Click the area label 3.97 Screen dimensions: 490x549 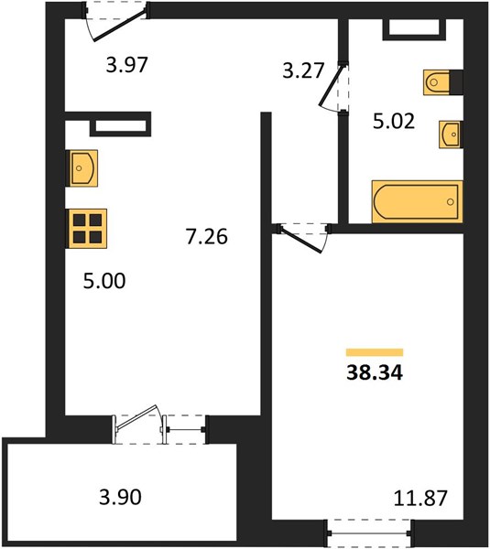[x=127, y=65]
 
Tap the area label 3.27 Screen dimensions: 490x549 [x=303, y=70]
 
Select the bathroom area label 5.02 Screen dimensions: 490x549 [x=394, y=121]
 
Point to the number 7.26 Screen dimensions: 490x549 [x=206, y=236]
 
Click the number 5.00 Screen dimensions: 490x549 [x=104, y=281]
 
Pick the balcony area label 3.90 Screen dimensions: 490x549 [x=120, y=497]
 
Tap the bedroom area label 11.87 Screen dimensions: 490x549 [x=420, y=498]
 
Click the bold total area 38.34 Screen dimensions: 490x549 [x=375, y=372]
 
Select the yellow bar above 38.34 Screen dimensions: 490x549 [x=375, y=352]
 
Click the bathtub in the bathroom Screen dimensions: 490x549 [x=417, y=201]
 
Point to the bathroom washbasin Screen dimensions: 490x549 [x=451, y=135]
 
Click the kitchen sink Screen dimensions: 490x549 [x=82, y=168]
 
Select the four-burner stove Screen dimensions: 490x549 [x=88, y=229]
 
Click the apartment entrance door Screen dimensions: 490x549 [x=115, y=22]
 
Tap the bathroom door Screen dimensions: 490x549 [x=333, y=88]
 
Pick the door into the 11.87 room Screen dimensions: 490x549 [x=304, y=237]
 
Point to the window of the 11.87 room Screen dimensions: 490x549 [x=370, y=533]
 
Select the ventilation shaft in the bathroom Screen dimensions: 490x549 [x=414, y=29]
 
